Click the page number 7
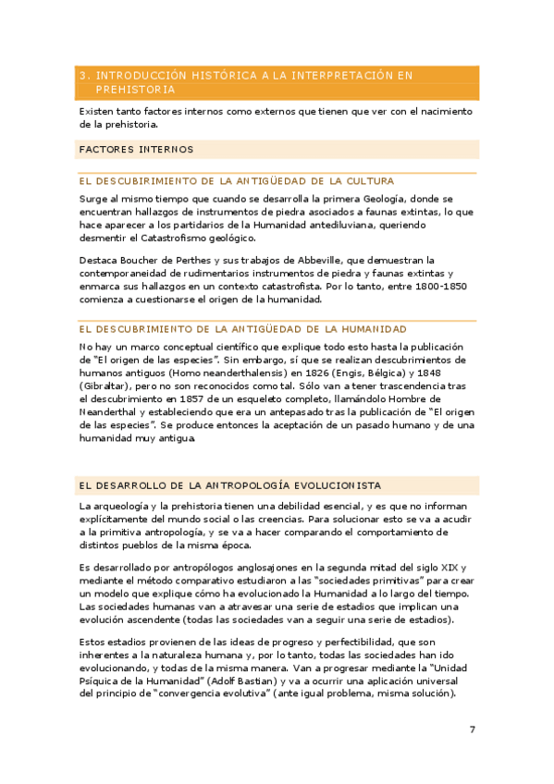pyautogui.click(x=473, y=729)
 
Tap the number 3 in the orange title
pyautogui.click(x=83, y=75)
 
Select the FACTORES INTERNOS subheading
pyautogui.click(x=136, y=149)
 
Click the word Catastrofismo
pyautogui.click(x=176, y=238)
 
